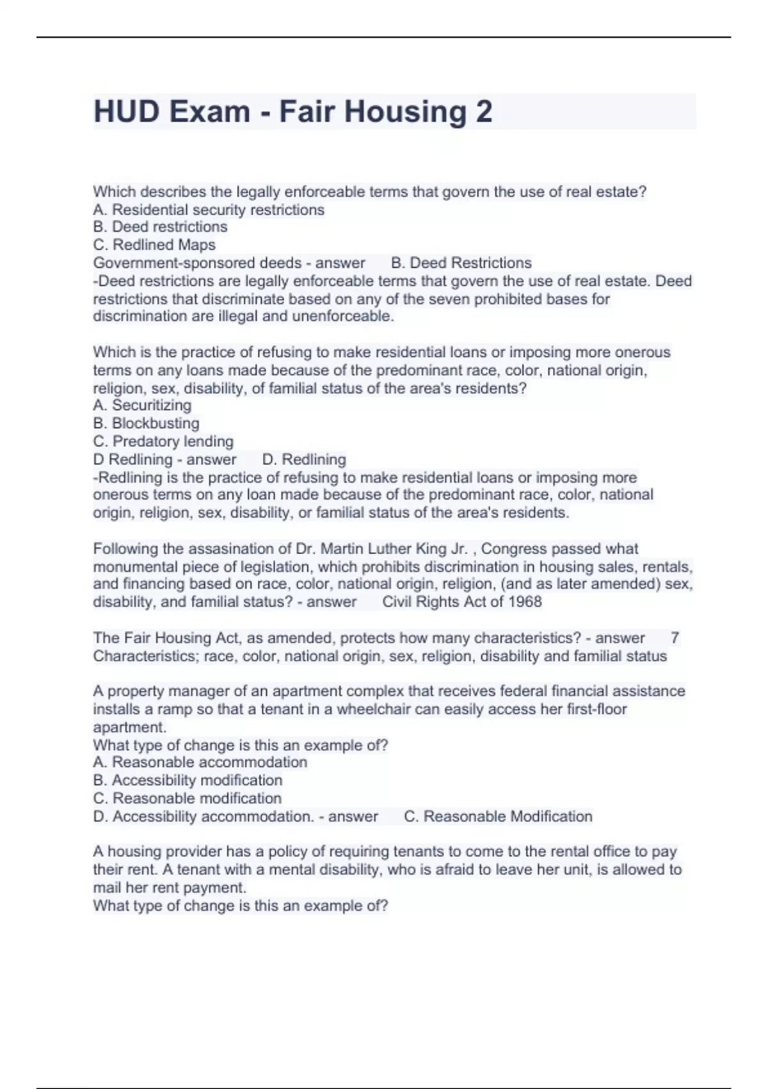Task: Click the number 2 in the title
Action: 484,111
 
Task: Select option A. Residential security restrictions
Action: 209,209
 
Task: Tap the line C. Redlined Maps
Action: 154,245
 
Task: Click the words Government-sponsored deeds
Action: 197,263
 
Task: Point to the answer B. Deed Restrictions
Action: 461,263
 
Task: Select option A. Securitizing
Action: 142,405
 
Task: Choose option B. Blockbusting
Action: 146,423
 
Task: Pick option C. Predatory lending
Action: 163,441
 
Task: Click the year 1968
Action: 525,602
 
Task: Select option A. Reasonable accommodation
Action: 200,762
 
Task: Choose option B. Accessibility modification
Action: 188,780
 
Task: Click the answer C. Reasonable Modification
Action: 498,816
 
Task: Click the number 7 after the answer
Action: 675,637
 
